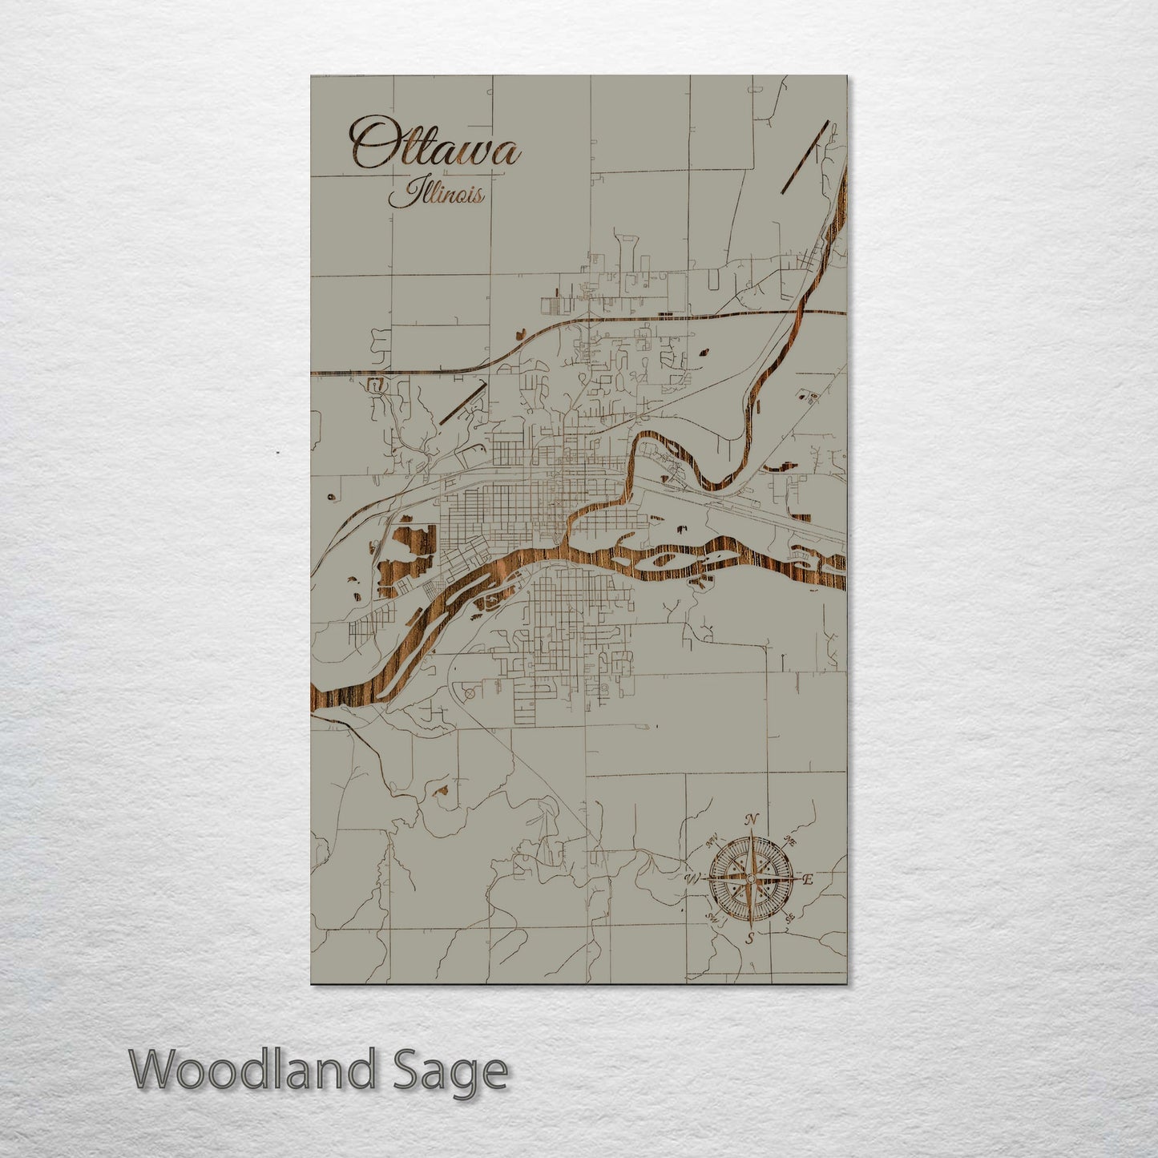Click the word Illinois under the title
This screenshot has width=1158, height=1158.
pyautogui.click(x=437, y=194)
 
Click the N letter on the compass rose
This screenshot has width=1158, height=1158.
pyautogui.click(x=751, y=819)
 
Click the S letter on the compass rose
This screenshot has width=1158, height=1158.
pyautogui.click(x=749, y=938)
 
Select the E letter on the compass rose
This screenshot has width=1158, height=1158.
pyautogui.click(x=808, y=880)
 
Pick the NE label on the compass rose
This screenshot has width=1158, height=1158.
pyautogui.click(x=789, y=841)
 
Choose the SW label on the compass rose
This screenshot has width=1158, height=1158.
pyautogui.click(x=712, y=918)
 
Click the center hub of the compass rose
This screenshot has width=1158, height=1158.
pyautogui.click(x=750, y=879)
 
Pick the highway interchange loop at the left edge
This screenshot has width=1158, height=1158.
pyautogui.click(x=375, y=385)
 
